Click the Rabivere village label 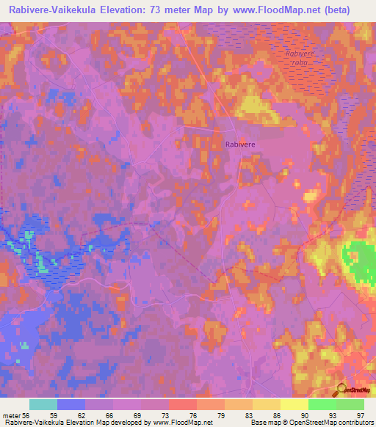tap(239, 145)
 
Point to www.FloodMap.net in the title tap(280, 10)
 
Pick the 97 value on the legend tap(361, 415)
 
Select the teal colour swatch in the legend tap(43, 404)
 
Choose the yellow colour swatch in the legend tap(294, 404)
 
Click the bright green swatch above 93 tap(322, 404)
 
